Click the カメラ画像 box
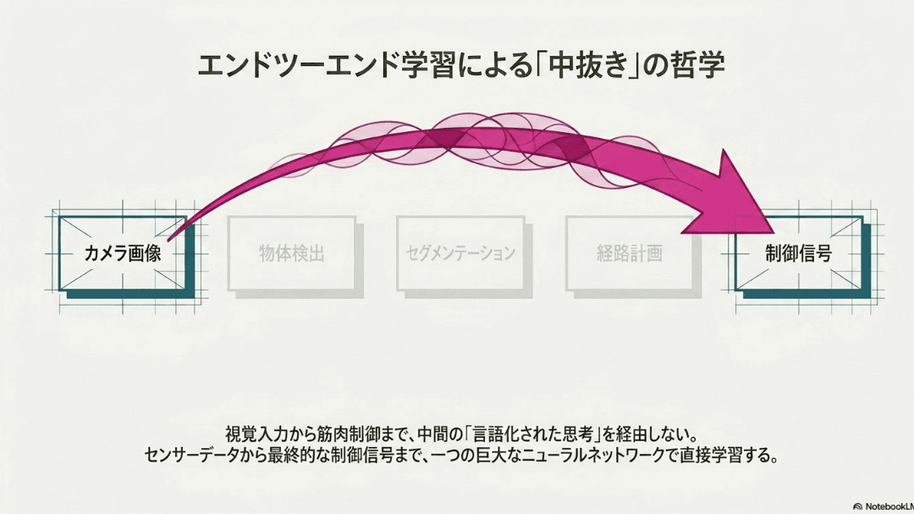click(123, 253)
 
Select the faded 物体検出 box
click(291, 253)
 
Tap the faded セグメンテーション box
click(460, 253)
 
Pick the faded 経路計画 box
click(630, 253)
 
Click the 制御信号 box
click(799, 253)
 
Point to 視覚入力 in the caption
click(256, 434)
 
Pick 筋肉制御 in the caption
click(348, 434)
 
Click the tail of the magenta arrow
click(169, 239)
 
